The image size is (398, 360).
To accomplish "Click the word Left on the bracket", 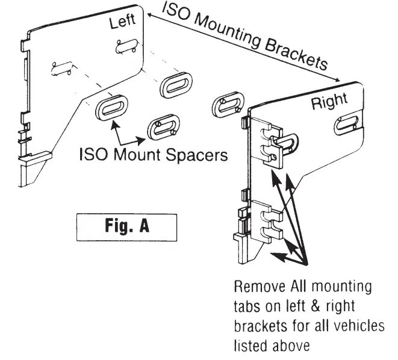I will point(122,23).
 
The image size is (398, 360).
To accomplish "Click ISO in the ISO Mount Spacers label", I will point(92,155).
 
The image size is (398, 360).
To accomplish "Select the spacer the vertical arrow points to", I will point(112,109).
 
